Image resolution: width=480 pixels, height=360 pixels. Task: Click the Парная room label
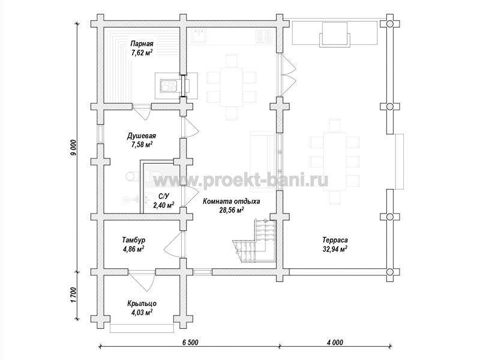142,43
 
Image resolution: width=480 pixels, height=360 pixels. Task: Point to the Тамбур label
133,239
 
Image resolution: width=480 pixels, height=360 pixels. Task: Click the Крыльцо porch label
142,304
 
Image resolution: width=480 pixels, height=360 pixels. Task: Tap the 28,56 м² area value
232,209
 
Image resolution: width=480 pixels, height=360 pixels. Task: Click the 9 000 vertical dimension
74,148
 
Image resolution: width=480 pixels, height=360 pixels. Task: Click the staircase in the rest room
255,242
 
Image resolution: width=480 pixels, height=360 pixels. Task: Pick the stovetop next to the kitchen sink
264,36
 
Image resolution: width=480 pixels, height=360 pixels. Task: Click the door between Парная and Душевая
142,111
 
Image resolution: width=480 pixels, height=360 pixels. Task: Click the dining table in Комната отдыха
232,86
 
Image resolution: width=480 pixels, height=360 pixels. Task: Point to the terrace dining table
335,162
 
